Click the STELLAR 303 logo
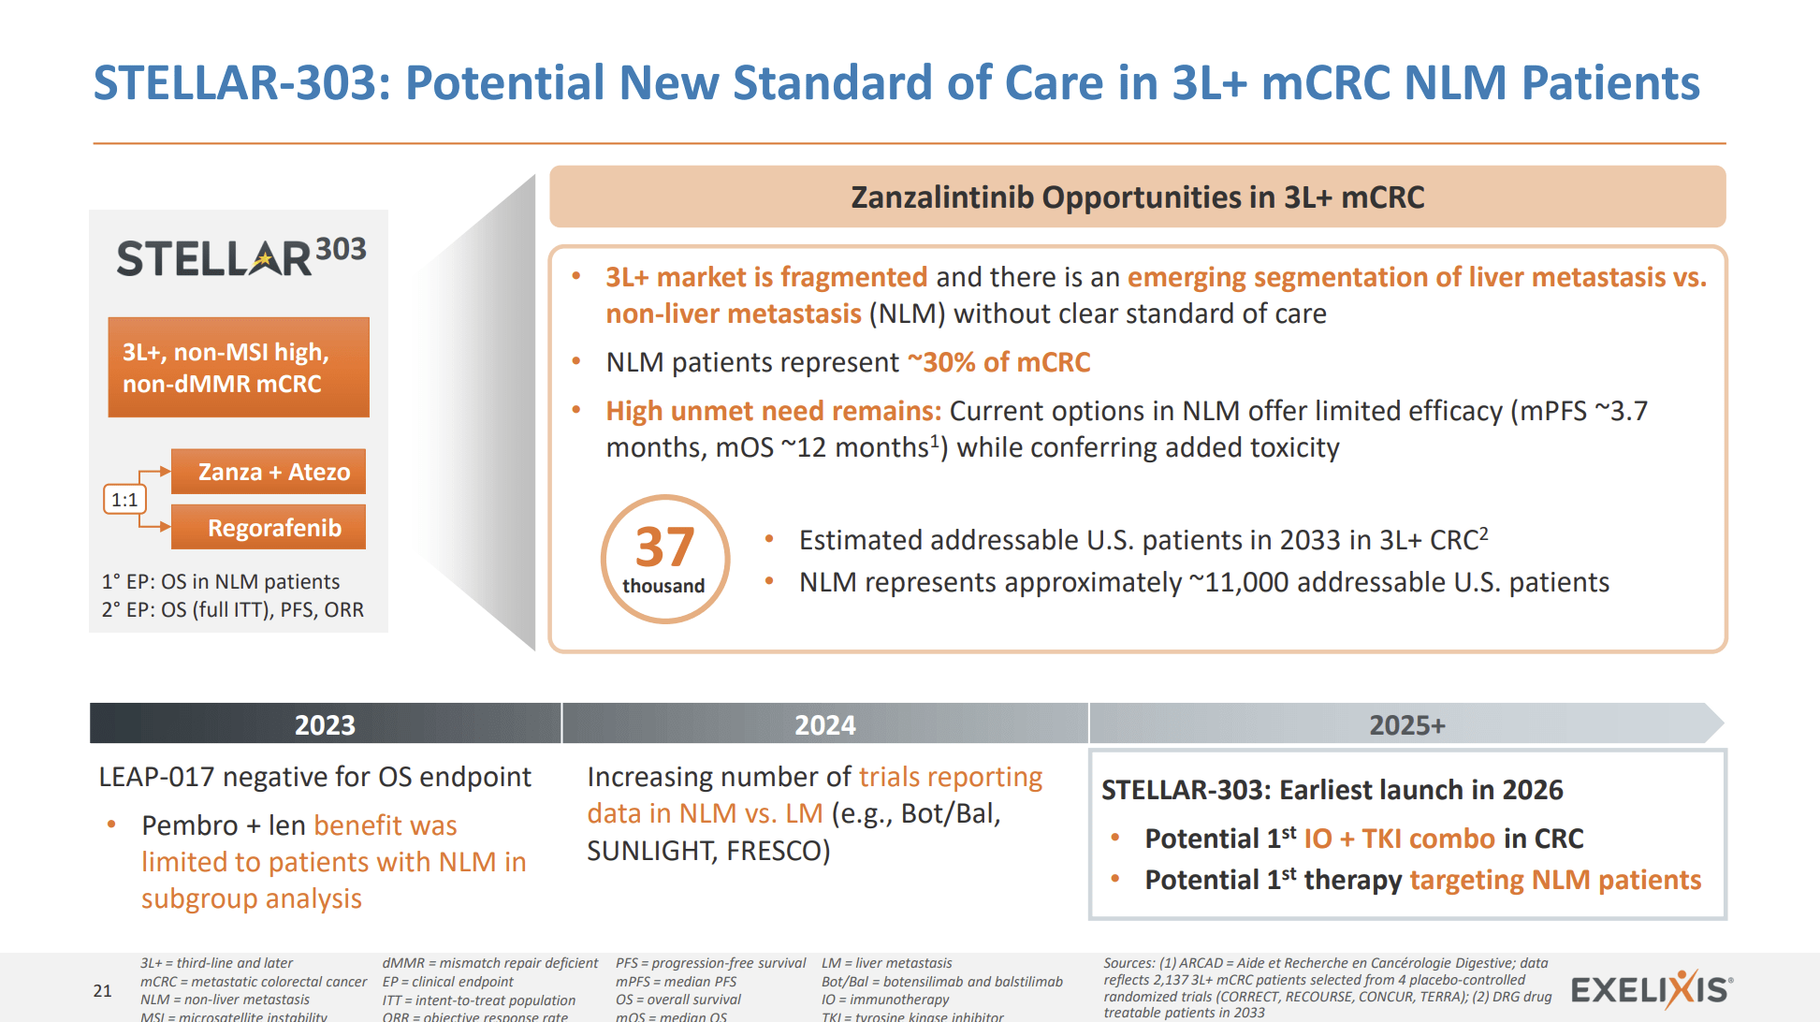tap(240, 257)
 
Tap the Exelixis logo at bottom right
tap(1651, 989)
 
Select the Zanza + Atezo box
tap(269, 472)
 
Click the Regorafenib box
tap(269, 528)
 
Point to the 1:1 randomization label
tap(124, 500)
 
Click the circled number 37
tap(664, 558)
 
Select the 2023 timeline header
tap(325, 724)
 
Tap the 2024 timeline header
tap(824, 724)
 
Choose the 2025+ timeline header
tap(1405, 724)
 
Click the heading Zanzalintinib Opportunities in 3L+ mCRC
tap(1137, 197)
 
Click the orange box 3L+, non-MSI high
tap(239, 367)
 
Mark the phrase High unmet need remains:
tap(773, 411)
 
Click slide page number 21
tap(103, 990)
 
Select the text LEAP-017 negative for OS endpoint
tap(314, 777)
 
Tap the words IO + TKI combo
tap(1399, 839)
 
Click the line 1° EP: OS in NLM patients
tap(221, 581)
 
